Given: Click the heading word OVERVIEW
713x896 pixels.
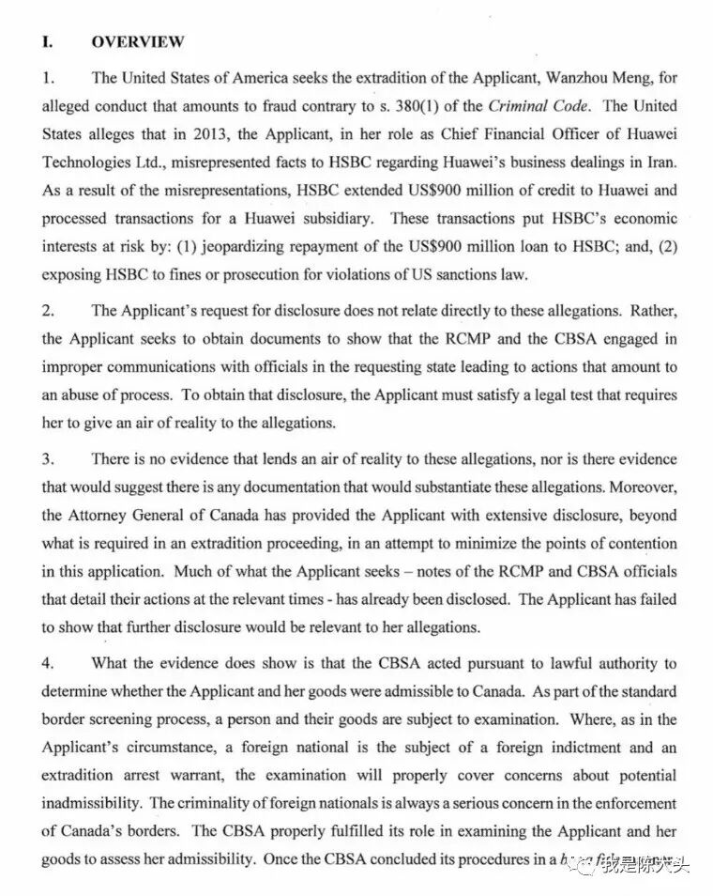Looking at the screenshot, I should point(138,41).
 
